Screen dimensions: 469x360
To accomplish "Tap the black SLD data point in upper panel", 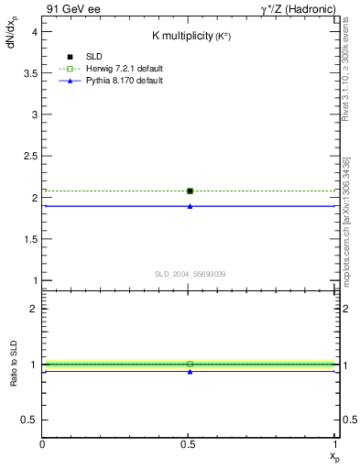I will tap(190, 191).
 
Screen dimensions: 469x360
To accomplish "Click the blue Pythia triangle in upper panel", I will tap(190, 206).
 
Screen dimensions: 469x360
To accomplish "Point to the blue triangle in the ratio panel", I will tap(190, 372).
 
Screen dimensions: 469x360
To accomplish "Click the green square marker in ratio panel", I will tap(190, 365).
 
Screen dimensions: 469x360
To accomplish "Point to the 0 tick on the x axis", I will tap(43, 444).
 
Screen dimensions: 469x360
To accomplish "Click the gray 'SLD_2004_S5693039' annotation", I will tap(190, 274).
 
